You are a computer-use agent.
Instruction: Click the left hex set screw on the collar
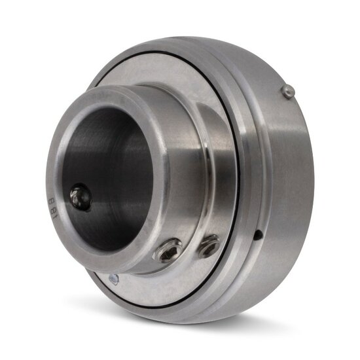[168, 251]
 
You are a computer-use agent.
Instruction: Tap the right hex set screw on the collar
[209, 245]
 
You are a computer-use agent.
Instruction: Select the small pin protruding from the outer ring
[288, 93]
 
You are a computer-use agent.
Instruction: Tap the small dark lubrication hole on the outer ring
[260, 233]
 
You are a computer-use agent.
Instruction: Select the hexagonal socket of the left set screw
[168, 251]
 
